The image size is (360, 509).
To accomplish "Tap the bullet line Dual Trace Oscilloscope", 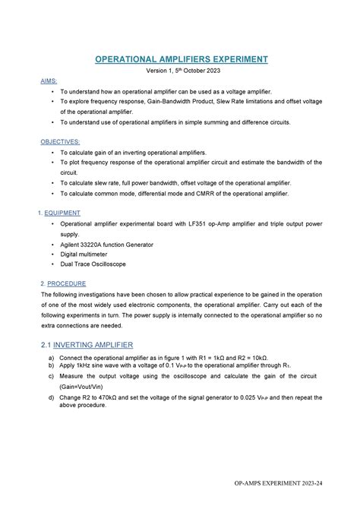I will (93, 264).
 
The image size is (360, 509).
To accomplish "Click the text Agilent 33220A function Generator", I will (106, 245).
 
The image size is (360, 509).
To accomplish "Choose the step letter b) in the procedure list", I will (50, 365).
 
